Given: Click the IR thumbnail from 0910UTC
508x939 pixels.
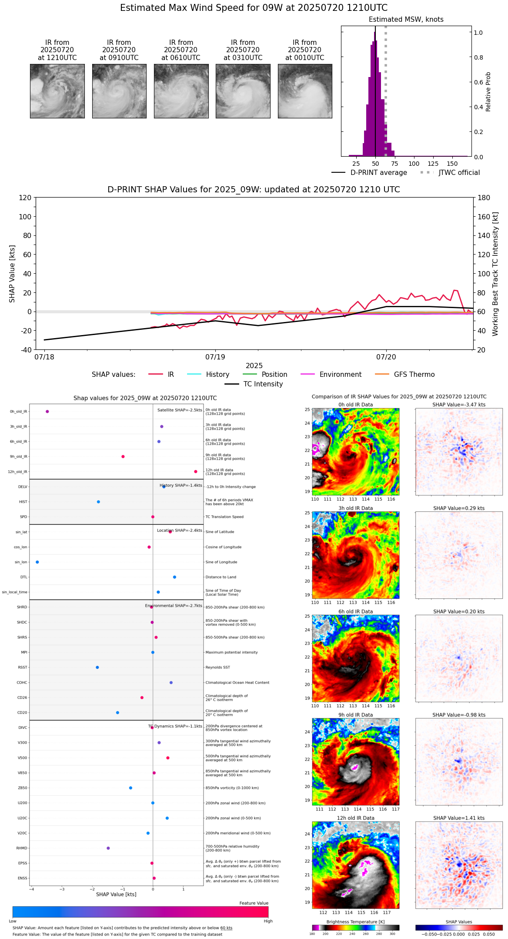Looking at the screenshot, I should [x=119, y=91].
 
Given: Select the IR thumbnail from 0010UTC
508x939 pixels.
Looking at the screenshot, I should [x=305, y=91].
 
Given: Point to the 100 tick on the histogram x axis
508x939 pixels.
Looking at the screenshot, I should [x=414, y=164].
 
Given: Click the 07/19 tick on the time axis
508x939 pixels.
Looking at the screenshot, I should [x=216, y=357].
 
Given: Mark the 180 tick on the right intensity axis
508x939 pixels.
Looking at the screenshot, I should [x=484, y=198].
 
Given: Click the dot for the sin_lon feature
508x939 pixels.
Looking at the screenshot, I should [x=37, y=562].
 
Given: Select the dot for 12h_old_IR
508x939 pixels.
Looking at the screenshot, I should [x=196, y=472].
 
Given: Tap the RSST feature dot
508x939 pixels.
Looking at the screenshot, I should [x=97, y=667].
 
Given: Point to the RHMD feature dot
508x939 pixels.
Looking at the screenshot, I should [x=108, y=848].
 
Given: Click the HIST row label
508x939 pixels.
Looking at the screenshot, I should [x=23, y=502].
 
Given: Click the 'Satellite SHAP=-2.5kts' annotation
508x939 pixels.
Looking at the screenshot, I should [x=180, y=410].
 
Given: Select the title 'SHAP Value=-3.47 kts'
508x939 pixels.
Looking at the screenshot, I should [x=459, y=405].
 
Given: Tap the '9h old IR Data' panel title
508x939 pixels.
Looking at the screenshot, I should [x=355, y=715].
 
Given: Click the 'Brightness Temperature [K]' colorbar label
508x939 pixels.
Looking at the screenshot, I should [x=355, y=922].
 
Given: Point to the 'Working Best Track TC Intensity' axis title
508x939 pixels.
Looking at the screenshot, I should [x=495, y=274].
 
